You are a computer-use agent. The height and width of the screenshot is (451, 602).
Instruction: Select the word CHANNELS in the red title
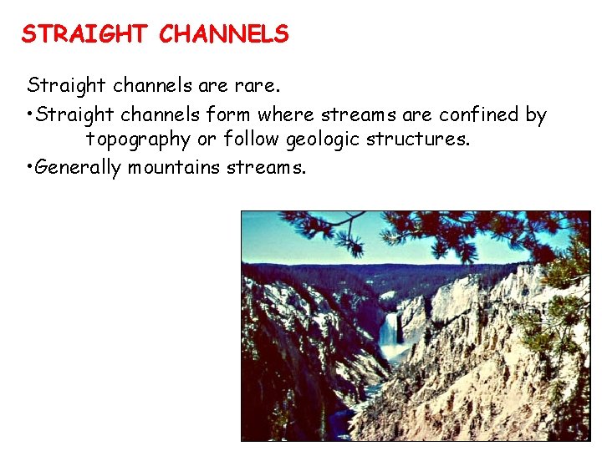223,34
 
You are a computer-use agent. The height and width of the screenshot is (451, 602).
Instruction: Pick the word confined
480,114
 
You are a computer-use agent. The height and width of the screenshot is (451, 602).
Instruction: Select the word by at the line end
536,115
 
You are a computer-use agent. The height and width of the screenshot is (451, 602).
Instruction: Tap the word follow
252,139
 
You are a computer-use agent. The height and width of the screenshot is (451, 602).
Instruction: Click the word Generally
79,168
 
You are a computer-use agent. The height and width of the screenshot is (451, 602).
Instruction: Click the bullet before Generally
30,167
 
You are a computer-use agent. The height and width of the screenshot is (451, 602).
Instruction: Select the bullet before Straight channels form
30,114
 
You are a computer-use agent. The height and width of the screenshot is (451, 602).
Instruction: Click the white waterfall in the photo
388,329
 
